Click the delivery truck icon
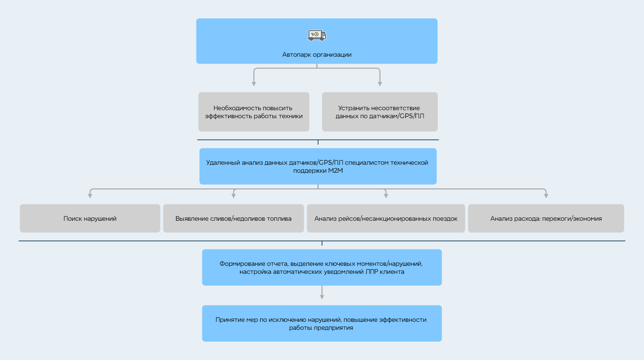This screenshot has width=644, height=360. pos(317,35)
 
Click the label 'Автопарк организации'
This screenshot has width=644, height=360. pos(317,55)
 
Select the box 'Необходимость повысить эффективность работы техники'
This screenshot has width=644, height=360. pos(254,112)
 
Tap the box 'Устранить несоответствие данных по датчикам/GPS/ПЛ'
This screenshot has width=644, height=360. pos(380,112)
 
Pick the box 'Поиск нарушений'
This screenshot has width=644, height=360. pos(90,218)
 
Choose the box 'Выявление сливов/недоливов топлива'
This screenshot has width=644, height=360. pos(233,218)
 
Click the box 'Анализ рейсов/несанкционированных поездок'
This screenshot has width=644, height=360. pos(386,218)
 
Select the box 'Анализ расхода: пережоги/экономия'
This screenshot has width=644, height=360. pos(546,218)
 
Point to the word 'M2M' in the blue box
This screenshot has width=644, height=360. pos(335,171)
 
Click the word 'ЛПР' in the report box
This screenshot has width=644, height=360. pos(371,272)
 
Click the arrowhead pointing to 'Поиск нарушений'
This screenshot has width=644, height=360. pos(90,196)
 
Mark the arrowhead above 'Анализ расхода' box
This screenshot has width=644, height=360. pos(546,196)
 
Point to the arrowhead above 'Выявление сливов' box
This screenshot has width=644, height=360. pos(234,196)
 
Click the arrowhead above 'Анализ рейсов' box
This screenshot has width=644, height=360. pos(386,196)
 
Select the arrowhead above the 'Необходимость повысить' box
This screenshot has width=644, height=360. pos(254,84)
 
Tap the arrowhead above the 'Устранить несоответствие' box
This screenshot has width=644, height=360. pos(380,84)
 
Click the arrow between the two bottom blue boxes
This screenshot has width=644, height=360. pos(322,292)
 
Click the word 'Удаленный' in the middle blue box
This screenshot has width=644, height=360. pos(223,163)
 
